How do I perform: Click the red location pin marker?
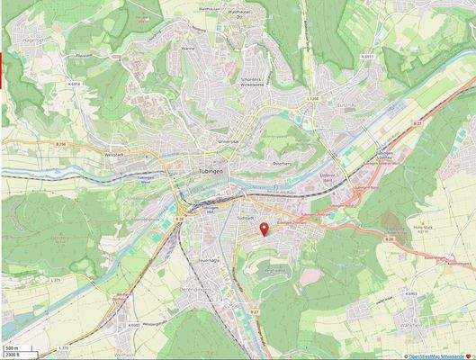[263, 230]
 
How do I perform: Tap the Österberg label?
[282, 165]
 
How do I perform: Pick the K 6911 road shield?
[366, 56]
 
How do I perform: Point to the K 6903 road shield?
[410, 293]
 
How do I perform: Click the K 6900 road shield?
[134, 325]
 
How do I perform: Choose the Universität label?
[229, 142]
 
